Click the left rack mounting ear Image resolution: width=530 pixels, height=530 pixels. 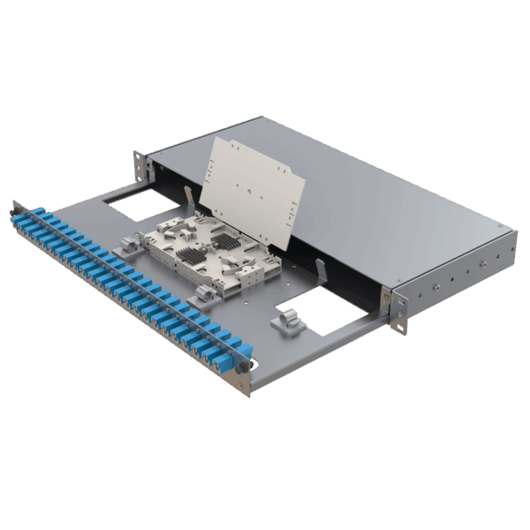tap(139, 163)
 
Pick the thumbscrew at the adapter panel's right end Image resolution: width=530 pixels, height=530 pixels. tap(245, 364)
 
